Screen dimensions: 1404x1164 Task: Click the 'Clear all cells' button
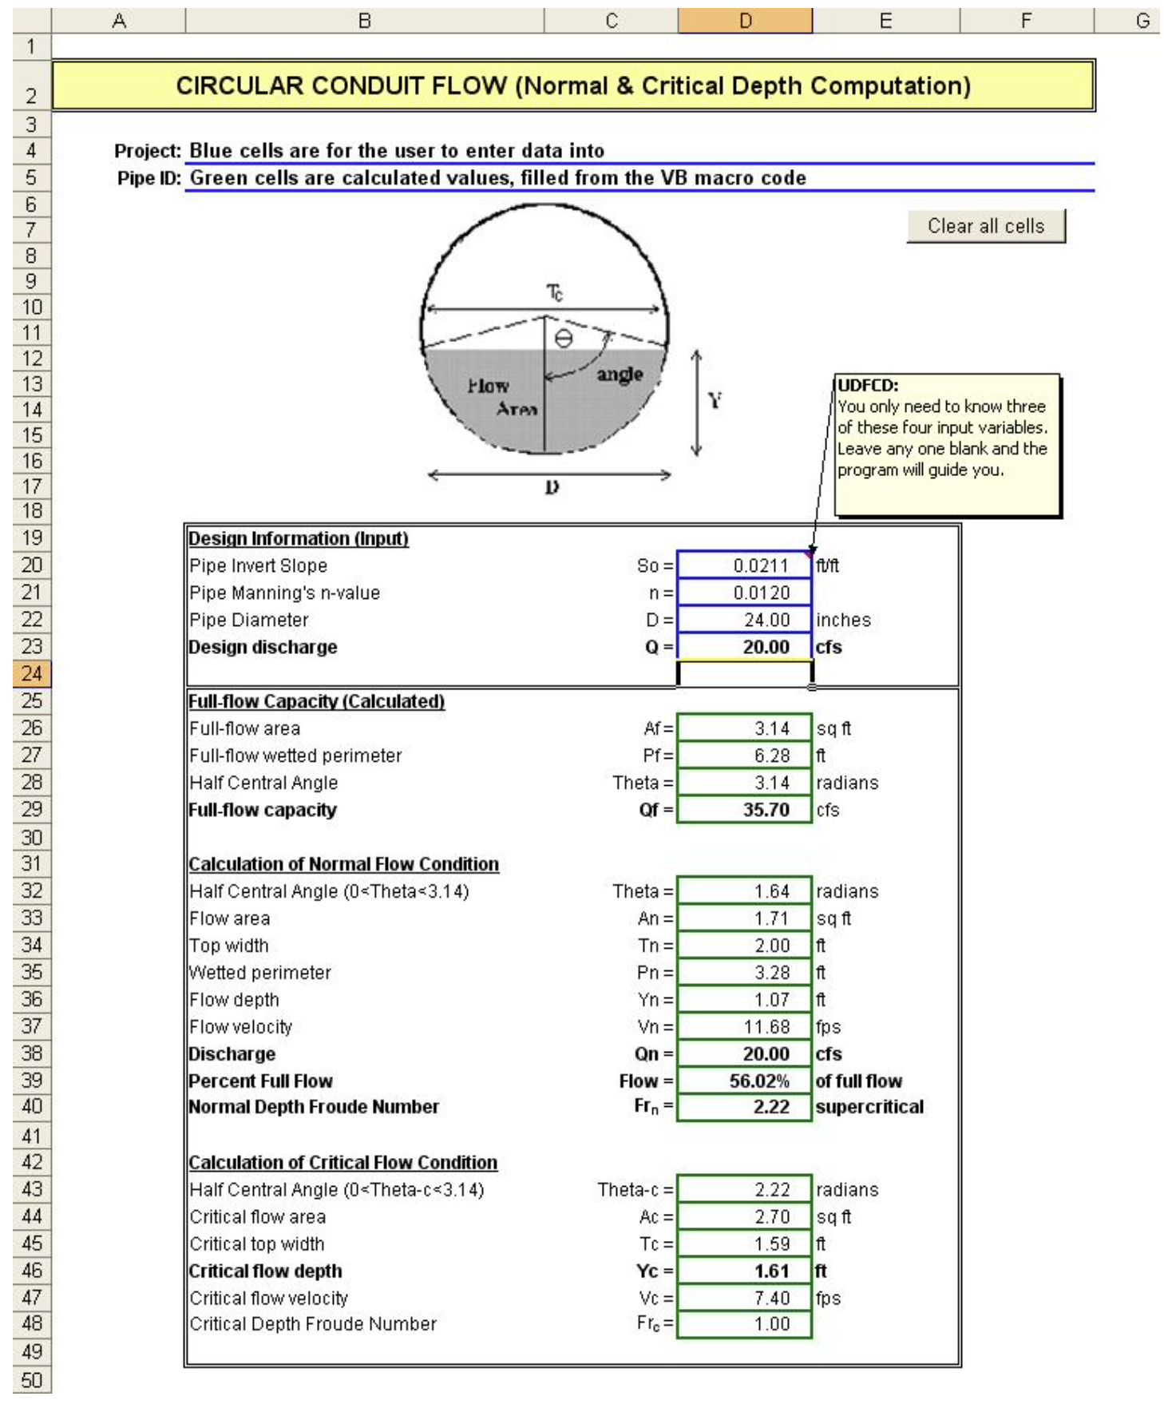985,227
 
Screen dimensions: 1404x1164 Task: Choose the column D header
745,21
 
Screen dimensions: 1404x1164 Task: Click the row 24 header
31,674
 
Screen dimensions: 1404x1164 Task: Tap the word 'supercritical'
869,1108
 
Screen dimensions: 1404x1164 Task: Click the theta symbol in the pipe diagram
564,339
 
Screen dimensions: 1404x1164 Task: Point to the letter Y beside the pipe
715,400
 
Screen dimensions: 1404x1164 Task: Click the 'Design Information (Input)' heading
299,539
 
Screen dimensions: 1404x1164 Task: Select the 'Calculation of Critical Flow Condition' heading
343,1163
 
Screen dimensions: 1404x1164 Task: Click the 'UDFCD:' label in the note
868,386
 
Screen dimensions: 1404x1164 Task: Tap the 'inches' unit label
843,621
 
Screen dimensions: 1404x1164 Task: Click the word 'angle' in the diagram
620,375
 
